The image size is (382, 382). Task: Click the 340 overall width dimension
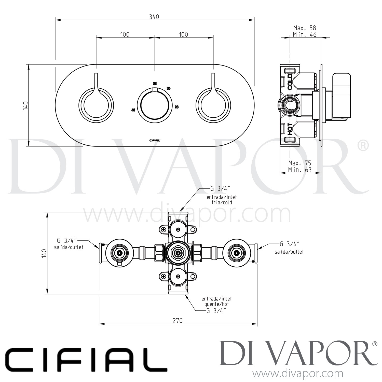[154, 17]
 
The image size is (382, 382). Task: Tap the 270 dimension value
[178, 320]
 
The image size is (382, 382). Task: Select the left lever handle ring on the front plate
[96, 105]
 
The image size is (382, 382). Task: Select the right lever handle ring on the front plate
[213, 105]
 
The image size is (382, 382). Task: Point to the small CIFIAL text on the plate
[155, 140]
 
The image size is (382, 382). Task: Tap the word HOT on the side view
[290, 129]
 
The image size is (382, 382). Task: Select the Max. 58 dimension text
[305, 28]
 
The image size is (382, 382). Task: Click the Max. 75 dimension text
[300, 163]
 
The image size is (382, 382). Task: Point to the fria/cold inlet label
[219, 202]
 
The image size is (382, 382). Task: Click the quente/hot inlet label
[216, 304]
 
